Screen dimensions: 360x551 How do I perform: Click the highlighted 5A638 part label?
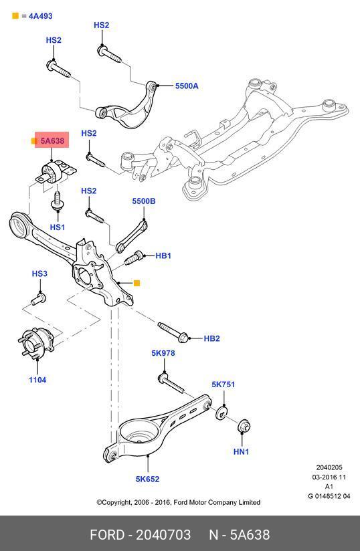52,141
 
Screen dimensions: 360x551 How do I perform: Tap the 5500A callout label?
187,86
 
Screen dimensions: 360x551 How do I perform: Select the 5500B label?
144,201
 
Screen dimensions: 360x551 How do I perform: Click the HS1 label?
58,227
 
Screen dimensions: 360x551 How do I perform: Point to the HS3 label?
39,273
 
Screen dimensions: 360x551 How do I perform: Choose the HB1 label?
163,255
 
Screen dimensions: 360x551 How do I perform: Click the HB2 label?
211,338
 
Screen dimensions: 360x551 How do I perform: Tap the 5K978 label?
163,353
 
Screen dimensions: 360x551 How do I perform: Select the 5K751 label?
223,384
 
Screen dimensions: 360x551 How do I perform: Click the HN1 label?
241,451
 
